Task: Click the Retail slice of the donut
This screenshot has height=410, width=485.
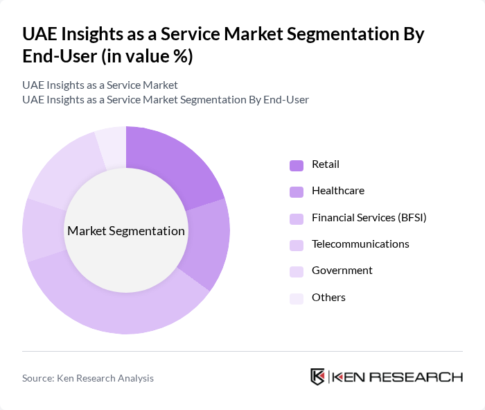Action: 173,163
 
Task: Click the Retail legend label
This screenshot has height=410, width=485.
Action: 326,164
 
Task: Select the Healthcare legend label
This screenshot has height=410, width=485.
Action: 337,191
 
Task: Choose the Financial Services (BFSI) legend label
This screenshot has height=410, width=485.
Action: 369,217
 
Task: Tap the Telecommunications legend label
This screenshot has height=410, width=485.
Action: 360,244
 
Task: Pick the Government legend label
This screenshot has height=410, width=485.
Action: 342,271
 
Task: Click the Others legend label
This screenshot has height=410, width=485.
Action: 328,297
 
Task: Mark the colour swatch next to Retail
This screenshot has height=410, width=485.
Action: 297,165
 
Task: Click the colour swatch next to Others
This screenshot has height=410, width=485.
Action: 297,298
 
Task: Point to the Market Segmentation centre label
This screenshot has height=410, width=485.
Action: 126,231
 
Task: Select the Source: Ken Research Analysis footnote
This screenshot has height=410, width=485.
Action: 88,378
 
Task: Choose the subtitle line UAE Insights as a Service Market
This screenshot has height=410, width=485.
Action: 100,85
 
